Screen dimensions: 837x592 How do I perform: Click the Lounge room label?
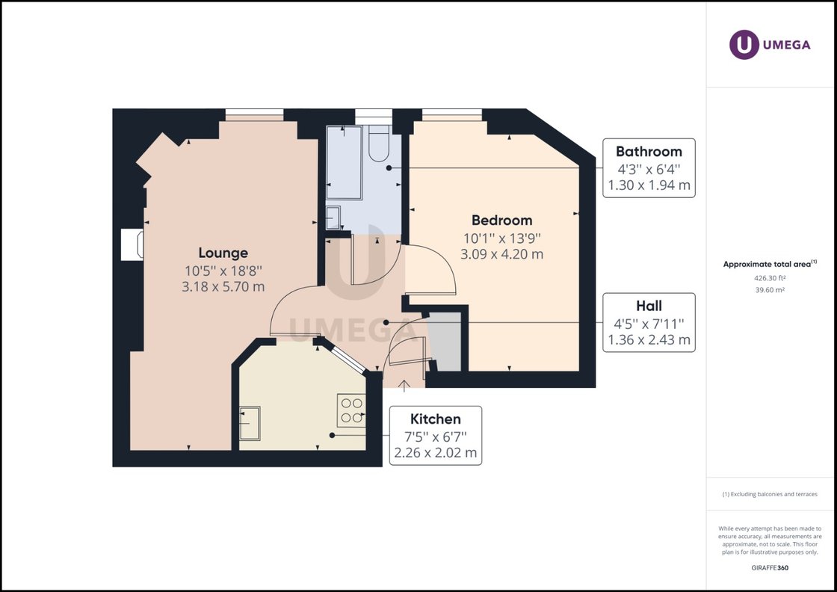(x=223, y=253)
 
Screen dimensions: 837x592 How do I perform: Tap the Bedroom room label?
(x=501, y=220)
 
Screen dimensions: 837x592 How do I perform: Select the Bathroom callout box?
(x=649, y=168)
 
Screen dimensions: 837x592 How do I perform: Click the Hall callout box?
(x=649, y=322)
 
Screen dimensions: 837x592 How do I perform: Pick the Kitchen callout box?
(x=436, y=436)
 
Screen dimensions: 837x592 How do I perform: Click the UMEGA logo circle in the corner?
(x=744, y=45)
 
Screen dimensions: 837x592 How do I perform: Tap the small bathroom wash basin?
(x=333, y=218)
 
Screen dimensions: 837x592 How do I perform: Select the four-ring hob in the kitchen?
(x=351, y=410)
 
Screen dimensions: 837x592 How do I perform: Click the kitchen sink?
(x=250, y=423)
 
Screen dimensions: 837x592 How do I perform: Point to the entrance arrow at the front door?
(x=404, y=386)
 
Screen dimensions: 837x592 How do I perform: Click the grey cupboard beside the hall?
(x=445, y=342)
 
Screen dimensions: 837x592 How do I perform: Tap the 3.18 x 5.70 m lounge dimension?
(x=223, y=287)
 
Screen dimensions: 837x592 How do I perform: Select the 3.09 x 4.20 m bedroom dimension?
(x=501, y=254)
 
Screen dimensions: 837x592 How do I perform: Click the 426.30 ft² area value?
(x=770, y=278)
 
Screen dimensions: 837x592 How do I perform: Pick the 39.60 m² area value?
(x=770, y=291)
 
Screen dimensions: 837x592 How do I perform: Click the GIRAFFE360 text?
(x=770, y=567)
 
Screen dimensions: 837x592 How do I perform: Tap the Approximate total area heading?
(x=770, y=264)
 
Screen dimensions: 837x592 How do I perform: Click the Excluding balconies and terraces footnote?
(x=770, y=494)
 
